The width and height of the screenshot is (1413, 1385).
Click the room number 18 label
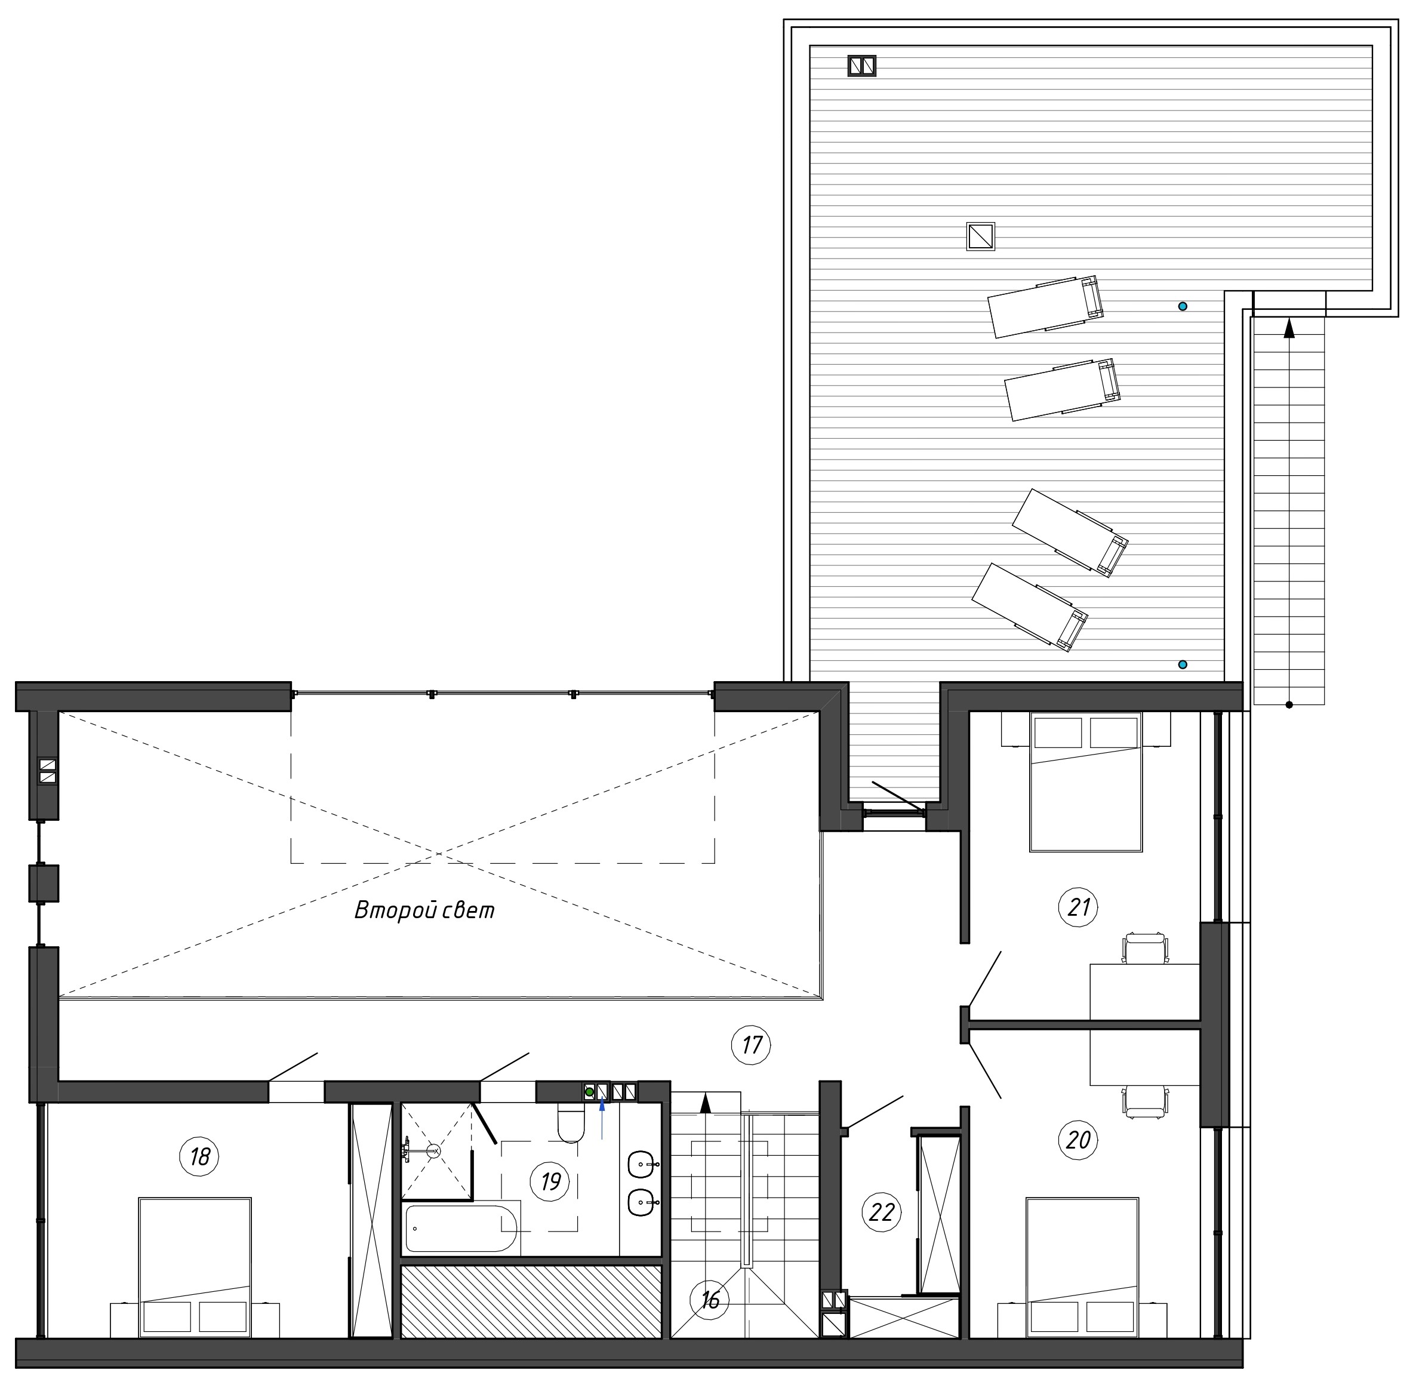click(x=200, y=1156)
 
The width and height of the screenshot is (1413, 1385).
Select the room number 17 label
click(x=751, y=1045)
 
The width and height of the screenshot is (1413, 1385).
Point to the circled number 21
click(x=1079, y=907)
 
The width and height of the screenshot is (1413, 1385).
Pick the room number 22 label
click(x=881, y=1212)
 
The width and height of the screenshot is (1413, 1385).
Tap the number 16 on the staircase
click(x=710, y=1299)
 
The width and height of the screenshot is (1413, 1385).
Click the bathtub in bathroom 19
click(x=460, y=1229)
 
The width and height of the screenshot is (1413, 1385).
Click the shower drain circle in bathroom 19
click(x=433, y=1151)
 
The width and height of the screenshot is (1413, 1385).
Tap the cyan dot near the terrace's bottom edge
click(x=1183, y=664)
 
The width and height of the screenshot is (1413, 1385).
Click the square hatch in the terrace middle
click(x=980, y=236)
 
